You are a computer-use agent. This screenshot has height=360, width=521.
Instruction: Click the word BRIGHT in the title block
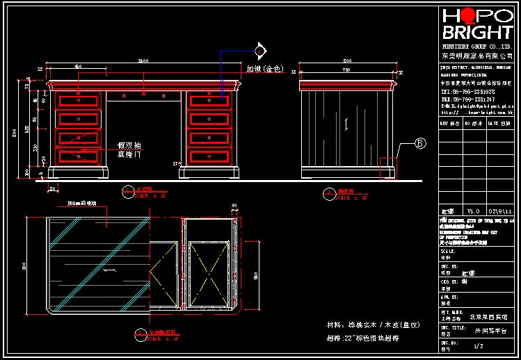(x=477, y=33)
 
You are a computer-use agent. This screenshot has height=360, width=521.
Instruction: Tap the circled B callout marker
(x=419, y=144)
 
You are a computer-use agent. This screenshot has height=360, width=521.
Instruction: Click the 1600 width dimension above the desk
(x=143, y=62)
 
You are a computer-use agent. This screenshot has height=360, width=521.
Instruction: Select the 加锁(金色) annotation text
(x=264, y=69)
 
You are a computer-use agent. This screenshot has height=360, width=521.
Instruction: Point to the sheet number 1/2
(x=478, y=345)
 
